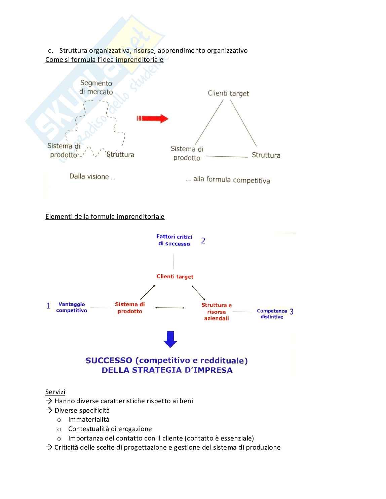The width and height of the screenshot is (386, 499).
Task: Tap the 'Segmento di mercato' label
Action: click(x=96, y=87)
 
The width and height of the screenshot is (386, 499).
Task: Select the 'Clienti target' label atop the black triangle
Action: click(x=228, y=93)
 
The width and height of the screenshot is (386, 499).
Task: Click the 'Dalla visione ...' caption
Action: click(x=92, y=177)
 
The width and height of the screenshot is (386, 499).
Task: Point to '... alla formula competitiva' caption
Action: click(x=228, y=180)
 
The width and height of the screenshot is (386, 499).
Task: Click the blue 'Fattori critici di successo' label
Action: click(x=174, y=240)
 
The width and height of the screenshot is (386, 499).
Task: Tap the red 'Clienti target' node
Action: click(x=175, y=277)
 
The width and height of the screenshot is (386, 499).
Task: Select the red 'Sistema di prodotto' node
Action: click(x=130, y=308)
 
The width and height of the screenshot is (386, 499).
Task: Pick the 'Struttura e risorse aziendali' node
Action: click(x=217, y=311)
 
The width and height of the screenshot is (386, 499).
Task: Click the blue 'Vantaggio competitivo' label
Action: click(x=72, y=307)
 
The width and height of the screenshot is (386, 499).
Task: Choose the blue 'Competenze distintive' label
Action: click(x=272, y=314)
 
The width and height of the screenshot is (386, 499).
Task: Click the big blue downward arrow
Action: click(x=170, y=339)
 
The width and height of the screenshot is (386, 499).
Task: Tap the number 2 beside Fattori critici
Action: click(x=203, y=241)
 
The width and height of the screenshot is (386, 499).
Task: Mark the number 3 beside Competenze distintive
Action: click(x=291, y=312)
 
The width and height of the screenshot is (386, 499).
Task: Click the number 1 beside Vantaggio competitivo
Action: click(x=48, y=306)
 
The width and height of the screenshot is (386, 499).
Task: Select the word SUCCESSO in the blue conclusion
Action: click(x=109, y=361)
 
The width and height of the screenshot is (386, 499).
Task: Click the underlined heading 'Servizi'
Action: click(x=55, y=392)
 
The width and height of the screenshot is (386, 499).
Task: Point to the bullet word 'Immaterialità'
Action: click(x=89, y=419)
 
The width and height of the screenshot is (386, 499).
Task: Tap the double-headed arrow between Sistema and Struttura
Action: click(x=170, y=307)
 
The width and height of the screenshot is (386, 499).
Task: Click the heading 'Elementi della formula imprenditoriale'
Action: click(x=105, y=216)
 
